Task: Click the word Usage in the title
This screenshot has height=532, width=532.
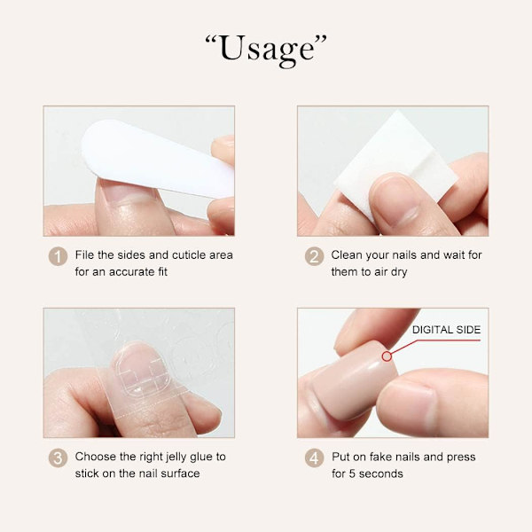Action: (266, 51)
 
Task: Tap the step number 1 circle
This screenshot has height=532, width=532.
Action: (58, 256)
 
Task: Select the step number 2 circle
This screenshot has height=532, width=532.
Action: (314, 256)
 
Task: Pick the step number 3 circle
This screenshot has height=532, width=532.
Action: (58, 458)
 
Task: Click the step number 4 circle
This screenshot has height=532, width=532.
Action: (314, 458)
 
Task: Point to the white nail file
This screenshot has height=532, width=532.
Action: (156, 158)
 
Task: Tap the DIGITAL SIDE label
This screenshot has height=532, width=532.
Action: (446, 330)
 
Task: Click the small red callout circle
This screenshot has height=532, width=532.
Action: (387, 356)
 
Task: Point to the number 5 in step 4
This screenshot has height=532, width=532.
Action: (352, 473)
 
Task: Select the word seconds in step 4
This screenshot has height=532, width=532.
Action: (380, 473)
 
